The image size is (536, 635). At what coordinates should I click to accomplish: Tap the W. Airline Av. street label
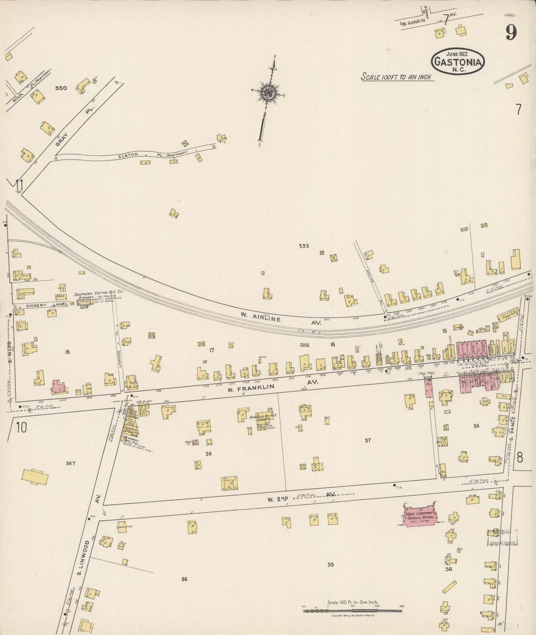point(280,319)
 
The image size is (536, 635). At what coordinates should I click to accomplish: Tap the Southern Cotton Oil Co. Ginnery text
point(98,296)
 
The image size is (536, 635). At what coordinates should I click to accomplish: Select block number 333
point(303,246)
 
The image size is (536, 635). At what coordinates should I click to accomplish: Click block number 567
point(70,463)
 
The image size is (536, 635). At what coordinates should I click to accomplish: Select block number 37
point(367,440)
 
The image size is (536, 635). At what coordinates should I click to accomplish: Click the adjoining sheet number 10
point(21,427)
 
